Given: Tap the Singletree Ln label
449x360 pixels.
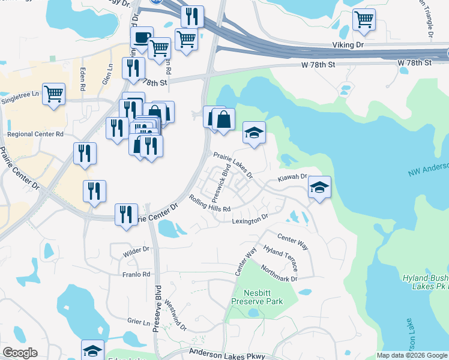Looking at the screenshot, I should coord(19,94).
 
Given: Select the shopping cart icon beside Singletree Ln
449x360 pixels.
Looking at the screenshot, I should coord(53,94).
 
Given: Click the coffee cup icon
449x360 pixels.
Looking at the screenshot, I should coord(142,38).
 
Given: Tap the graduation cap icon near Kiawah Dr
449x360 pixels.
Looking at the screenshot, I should coord(319,188).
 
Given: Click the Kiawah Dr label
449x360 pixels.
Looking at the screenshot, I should coord(292,178).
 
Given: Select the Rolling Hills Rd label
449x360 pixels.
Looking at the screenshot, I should coord(209,204).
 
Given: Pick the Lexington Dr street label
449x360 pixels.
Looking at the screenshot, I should coord(250,220).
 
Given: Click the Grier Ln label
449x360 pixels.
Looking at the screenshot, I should coord(137,321).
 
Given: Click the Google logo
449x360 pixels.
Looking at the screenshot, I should coord(20,353).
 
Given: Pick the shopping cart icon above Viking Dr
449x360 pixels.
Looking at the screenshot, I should coord(364,20).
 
